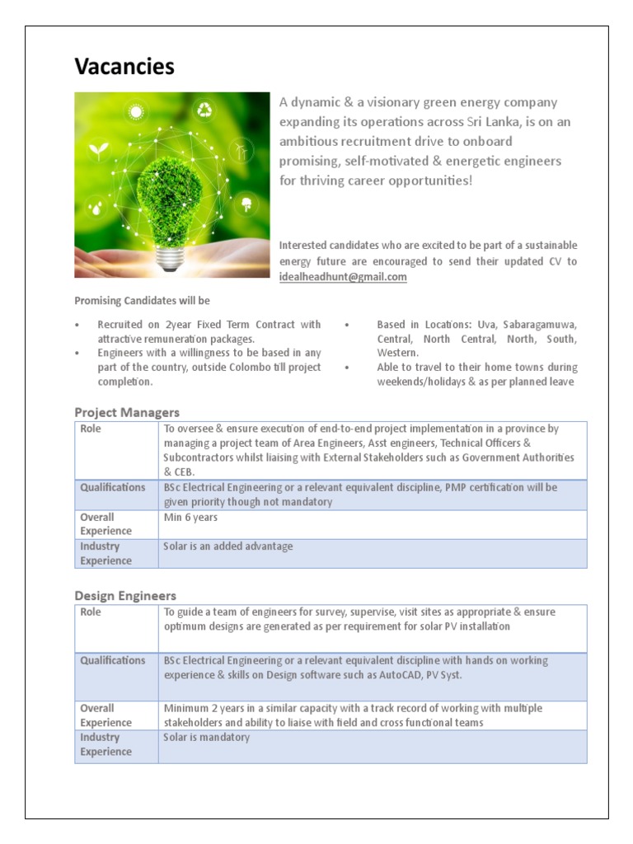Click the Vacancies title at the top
(124, 66)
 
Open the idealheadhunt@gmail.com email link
(343, 277)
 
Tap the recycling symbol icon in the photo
(204, 110)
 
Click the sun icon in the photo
(135, 111)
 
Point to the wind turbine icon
(240, 149)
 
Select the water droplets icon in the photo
(97, 207)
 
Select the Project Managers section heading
(127, 412)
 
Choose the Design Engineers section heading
(125, 595)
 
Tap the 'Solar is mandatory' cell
(206, 737)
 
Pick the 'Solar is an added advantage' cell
(228, 546)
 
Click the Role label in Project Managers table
(91, 429)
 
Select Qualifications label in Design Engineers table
(112, 660)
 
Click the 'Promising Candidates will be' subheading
(142, 301)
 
